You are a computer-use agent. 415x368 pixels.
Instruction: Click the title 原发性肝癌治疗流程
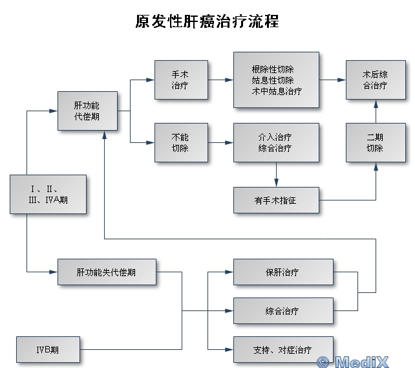click(207, 21)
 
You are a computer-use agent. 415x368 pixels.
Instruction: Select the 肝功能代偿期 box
click(87, 111)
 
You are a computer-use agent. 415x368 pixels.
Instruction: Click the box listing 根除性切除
click(276, 80)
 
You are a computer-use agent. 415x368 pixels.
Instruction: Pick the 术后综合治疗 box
click(375, 80)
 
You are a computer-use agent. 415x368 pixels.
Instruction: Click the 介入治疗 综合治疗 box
click(276, 142)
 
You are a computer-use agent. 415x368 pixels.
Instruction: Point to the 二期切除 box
click(375, 142)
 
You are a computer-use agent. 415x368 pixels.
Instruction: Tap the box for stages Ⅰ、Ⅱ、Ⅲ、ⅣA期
click(48, 194)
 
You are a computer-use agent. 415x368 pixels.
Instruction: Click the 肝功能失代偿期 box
click(106, 272)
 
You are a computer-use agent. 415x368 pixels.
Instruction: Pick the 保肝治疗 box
click(283, 272)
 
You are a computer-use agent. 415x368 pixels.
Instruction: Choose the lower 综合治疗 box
click(283, 311)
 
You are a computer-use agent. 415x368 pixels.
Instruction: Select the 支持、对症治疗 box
click(283, 350)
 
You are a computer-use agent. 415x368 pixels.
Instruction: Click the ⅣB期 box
click(48, 350)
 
